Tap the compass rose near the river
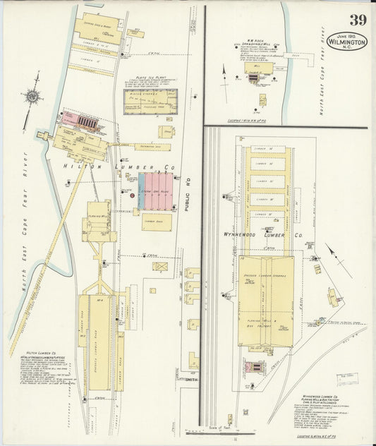point(31,97)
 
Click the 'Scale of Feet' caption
point(220,427)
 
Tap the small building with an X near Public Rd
point(161,267)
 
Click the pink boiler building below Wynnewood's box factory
point(254,368)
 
